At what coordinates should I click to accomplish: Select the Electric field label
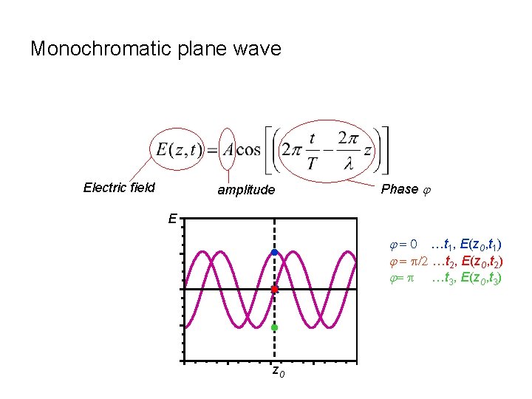[x=119, y=187]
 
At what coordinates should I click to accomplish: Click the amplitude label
[x=245, y=190]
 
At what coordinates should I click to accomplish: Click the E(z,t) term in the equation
[x=177, y=150]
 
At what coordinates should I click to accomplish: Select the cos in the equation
[x=248, y=150]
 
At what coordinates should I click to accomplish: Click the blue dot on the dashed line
[x=274, y=253]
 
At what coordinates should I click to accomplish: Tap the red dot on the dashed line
[x=274, y=290]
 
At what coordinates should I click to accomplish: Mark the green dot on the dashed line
[x=274, y=327]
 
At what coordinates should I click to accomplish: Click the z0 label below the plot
[x=277, y=372]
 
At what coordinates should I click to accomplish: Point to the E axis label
[x=171, y=219]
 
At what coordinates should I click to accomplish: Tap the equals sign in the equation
[x=212, y=151]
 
